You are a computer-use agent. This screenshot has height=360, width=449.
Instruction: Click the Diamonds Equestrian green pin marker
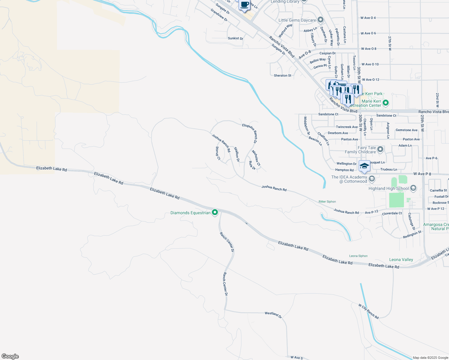[x=215, y=212]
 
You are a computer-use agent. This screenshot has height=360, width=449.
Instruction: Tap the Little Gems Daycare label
[x=297, y=20]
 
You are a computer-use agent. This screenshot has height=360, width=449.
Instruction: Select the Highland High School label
[x=388, y=188]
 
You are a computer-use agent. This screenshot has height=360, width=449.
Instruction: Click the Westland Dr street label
[x=273, y=315]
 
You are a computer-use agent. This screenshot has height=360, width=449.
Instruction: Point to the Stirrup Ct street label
[x=218, y=153]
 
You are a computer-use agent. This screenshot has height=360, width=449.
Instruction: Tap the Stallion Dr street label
[x=237, y=154]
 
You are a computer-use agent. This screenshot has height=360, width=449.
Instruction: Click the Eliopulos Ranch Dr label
[x=250, y=133]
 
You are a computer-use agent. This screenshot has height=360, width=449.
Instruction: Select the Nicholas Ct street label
[x=256, y=158]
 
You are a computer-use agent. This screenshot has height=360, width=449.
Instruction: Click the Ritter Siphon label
[x=327, y=202]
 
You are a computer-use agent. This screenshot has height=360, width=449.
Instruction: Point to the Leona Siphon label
[x=358, y=256]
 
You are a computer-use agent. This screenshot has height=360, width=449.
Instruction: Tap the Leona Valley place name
[x=401, y=259]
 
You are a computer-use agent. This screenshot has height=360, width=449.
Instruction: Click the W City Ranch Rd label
[x=369, y=311]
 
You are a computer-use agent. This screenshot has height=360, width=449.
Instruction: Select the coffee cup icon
[x=245, y=5]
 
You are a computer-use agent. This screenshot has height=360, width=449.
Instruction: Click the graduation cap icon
[x=364, y=166]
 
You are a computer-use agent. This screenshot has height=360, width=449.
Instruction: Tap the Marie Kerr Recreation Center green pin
[x=386, y=103]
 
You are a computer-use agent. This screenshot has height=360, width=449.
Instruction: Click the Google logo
[x=10, y=356]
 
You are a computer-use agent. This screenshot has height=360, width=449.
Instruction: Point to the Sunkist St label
[x=235, y=38]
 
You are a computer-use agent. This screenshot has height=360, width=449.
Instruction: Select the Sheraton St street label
[x=282, y=76]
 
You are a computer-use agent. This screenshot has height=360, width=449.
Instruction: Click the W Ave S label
[x=297, y=357]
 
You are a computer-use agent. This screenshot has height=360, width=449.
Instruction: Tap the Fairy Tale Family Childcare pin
[x=380, y=149]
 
